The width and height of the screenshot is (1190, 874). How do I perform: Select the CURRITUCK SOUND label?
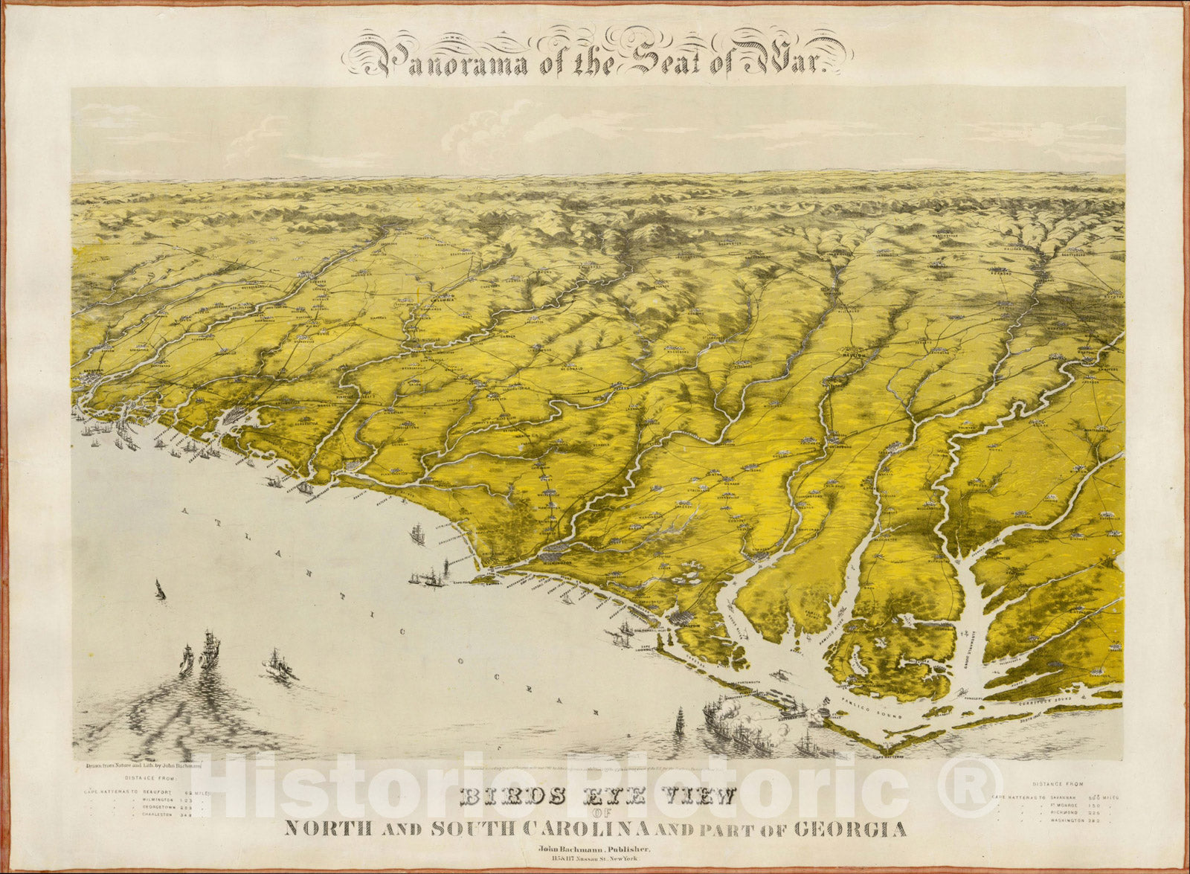(1049, 700)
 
